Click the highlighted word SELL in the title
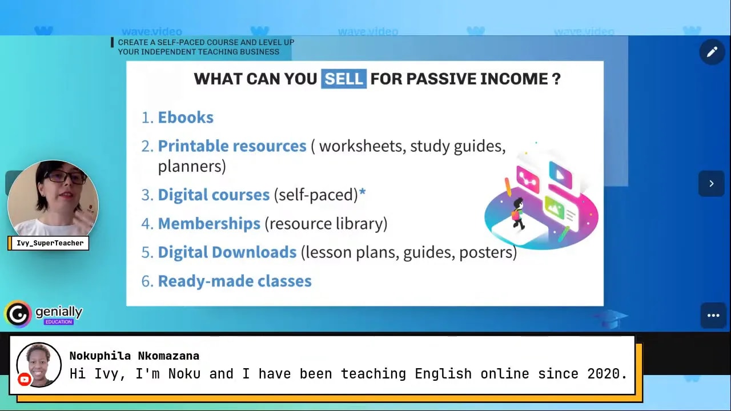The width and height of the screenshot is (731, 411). pos(344,79)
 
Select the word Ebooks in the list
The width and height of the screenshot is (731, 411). pos(186,118)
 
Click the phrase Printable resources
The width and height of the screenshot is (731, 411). pos(232,146)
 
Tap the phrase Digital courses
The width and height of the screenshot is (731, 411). pos(214,195)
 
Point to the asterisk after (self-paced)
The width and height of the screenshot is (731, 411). pos(362,194)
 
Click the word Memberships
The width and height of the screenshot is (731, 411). pos(209,224)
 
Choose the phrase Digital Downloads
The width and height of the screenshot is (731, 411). pos(227,252)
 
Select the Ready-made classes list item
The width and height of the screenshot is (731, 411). pos(235,281)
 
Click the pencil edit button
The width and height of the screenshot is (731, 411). pos(712,53)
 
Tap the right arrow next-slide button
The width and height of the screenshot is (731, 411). pos(711,184)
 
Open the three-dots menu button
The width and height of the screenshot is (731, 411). pos(713,315)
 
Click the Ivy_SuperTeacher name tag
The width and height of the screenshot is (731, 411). pos(49,243)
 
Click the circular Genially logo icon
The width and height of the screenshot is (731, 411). pos(18,314)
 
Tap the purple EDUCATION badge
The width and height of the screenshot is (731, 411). pos(59,322)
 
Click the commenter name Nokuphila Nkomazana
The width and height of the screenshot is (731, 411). pos(134,356)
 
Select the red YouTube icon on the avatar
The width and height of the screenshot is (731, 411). pos(24,379)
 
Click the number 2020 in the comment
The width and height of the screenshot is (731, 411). pos(607,374)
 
